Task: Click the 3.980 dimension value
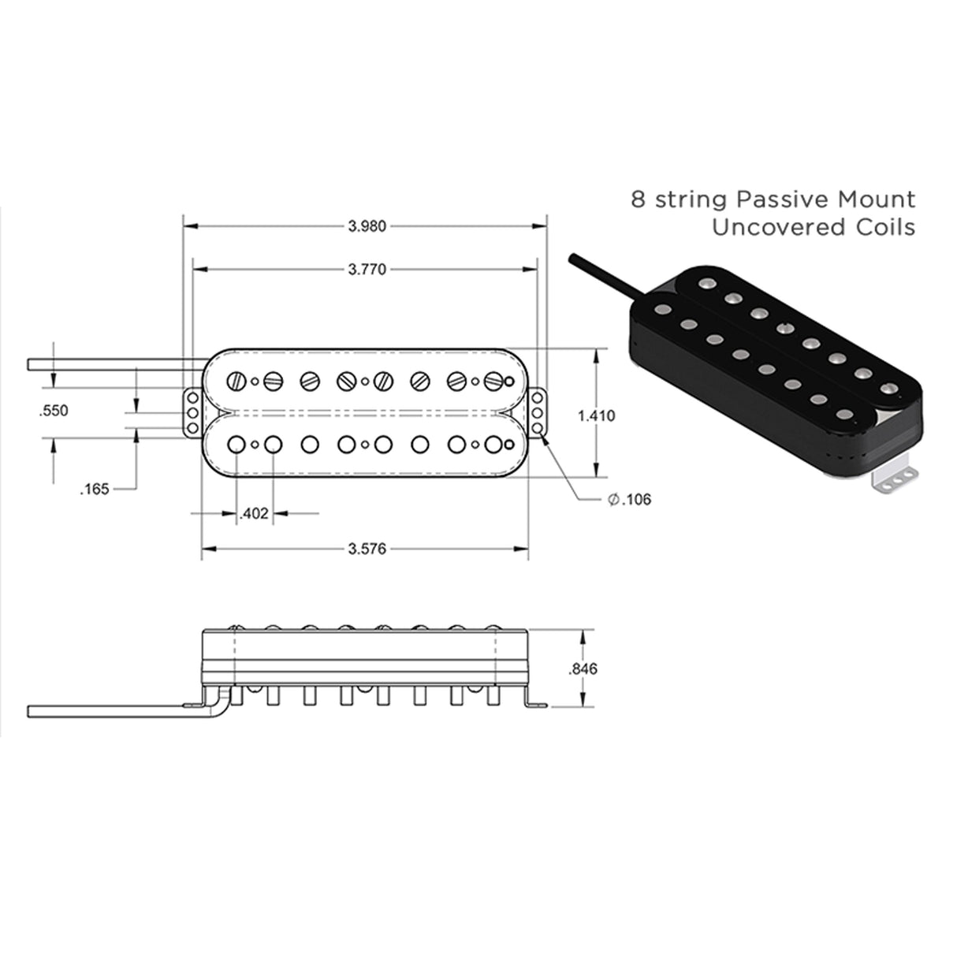367,226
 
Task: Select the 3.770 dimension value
367,270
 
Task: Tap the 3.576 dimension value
367,549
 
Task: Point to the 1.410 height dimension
596,415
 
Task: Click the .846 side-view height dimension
583,668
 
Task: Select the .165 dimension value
95,490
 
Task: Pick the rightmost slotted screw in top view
493,382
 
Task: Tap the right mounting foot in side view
537,703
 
